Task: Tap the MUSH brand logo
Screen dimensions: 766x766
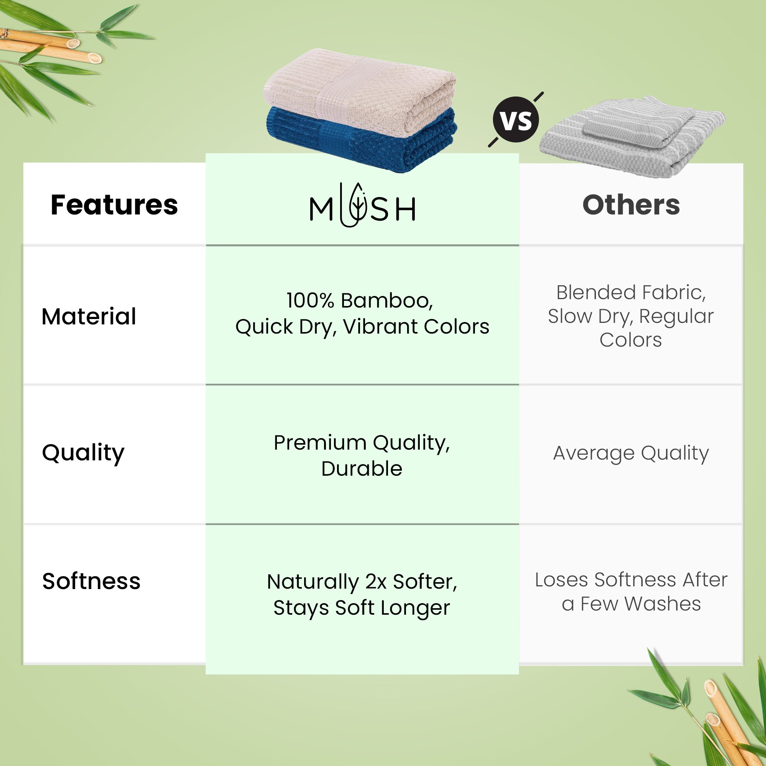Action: click(x=362, y=205)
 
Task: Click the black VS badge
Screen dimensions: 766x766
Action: click(x=516, y=120)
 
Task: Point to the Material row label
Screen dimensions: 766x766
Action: click(x=89, y=316)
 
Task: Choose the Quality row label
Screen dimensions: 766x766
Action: click(x=83, y=453)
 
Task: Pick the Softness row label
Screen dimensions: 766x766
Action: click(x=91, y=581)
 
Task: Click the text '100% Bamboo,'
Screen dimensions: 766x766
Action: click(x=360, y=301)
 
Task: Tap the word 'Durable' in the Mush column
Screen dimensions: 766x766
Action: click(x=362, y=469)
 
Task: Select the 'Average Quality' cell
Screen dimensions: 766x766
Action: click(x=631, y=453)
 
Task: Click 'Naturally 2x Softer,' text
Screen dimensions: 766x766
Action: click(x=362, y=582)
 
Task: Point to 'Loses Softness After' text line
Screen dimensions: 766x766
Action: click(x=631, y=579)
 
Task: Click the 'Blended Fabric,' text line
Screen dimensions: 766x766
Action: click(x=631, y=293)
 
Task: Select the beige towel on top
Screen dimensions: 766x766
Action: click(x=360, y=90)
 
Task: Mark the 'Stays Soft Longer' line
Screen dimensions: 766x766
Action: click(x=362, y=608)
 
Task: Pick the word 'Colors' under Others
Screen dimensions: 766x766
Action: click(x=631, y=340)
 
